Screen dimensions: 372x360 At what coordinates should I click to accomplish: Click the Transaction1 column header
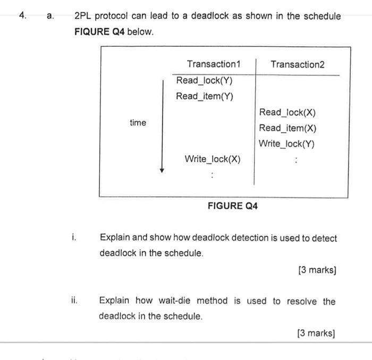pyautogui.click(x=214, y=64)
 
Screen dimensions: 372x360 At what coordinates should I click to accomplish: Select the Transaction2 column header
pyautogui.click(x=297, y=64)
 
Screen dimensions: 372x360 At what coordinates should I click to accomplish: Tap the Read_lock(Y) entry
pyautogui.click(x=205, y=81)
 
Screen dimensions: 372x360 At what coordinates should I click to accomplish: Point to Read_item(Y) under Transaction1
pyautogui.click(x=205, y=96)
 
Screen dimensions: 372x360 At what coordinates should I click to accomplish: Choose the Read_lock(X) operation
pyautogui.click(x=288, y=112)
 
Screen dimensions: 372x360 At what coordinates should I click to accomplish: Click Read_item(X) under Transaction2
pyautogui.click(x=288, y=128)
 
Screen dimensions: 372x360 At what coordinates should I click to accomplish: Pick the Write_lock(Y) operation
pyautogui.click(x=287, y=144)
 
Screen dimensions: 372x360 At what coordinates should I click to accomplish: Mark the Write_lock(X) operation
pyautogui.click(x=213, y=159)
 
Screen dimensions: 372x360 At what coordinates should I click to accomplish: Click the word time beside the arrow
pyautogui.click(x=138, y=123)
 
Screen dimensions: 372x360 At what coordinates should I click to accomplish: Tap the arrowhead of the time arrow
pyautogui.click(x=162, y=170)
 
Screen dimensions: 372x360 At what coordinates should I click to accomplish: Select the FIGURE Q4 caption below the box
pyautogui.click(x=232, y=205)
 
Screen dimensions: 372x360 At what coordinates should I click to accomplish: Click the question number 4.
pyautogui.click(x=22, y=16)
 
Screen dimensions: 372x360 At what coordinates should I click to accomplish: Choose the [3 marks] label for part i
pyautogui.click(x=317, y=270)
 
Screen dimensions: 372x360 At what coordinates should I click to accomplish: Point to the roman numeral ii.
pyautogui.click(x=74, y=301)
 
